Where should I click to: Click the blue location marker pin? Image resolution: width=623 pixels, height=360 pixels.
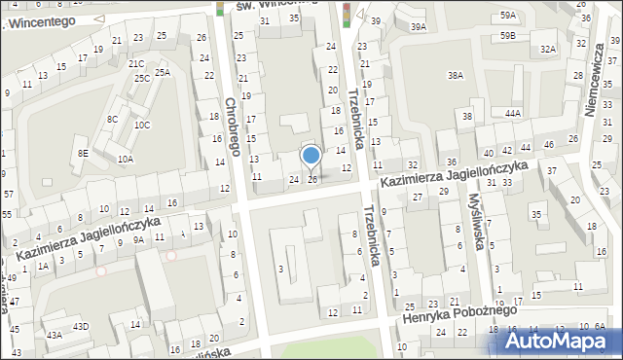311,157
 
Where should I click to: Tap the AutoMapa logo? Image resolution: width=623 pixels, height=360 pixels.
561,340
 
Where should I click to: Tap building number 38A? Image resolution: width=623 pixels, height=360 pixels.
455,75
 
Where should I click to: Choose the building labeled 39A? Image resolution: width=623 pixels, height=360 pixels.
418,27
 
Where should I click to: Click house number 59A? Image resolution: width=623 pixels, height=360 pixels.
508,16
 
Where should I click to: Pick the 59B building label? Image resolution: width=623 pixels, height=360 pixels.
508,36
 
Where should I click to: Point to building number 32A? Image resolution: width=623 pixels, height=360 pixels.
548,49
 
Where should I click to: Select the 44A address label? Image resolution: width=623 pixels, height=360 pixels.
513,113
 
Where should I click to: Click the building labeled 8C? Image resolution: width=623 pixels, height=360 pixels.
113,119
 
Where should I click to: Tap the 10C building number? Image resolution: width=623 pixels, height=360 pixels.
142,125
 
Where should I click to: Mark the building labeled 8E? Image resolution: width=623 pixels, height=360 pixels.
84,153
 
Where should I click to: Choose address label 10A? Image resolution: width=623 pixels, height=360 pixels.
125,159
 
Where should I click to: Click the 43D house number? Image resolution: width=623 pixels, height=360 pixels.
81,326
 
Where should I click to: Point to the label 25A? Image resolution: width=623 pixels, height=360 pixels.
163,71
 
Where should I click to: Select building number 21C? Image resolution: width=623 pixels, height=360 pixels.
136,63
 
